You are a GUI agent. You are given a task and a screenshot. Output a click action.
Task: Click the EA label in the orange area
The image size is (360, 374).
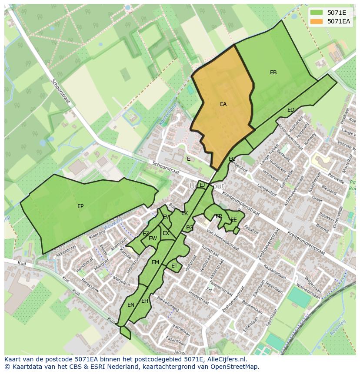click(x=223, y=104)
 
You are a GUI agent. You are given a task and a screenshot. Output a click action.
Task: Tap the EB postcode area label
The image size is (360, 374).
click(x=273, y=73)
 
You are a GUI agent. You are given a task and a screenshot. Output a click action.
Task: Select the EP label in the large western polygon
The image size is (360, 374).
click(x=80, y=206)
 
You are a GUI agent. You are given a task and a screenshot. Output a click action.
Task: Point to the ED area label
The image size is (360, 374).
click(x=291, y=110)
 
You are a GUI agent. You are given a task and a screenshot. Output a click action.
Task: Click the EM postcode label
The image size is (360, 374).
click(x=155, y=262)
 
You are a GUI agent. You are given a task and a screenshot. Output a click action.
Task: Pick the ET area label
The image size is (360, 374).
click(x=174, y=266)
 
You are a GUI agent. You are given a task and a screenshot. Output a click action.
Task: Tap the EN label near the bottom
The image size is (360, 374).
click(x=131, y=305)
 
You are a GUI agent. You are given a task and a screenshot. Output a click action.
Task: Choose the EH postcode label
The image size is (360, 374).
click(x=145, y=301)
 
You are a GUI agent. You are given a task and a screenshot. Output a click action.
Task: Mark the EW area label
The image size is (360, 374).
click(x=153, y=238)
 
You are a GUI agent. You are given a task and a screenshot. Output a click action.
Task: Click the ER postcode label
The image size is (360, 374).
click(x=219, y=216)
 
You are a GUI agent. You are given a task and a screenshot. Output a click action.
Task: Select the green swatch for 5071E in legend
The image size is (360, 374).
click(x=317, y=13)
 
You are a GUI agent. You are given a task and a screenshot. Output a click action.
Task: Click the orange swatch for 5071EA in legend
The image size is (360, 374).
click(x=317, y=21)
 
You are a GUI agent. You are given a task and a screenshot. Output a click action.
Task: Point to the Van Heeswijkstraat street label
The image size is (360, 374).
click(x=223, y=240)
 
